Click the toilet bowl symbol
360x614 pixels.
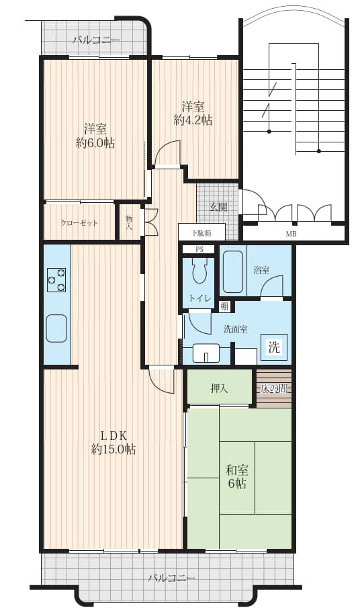(199, 272)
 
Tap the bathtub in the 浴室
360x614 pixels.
(233, 270)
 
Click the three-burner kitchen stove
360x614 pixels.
(56, 279)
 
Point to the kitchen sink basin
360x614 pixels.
(56, 328)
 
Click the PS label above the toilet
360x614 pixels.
(199, 249)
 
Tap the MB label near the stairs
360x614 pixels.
(290, 234)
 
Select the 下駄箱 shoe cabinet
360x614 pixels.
(201, 232)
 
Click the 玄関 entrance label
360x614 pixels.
(218, 208)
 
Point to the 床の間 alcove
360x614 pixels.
(274, 388)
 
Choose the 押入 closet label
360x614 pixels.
(219, 388)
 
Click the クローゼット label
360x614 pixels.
(79, 223)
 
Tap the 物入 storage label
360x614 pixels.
(128, 222)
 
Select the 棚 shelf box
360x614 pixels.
(224, 306)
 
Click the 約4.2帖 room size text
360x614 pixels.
(193, 120)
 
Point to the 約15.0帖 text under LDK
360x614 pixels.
(114, 449)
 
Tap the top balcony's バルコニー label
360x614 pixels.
(96, 40)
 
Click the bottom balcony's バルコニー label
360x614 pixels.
(172, 578)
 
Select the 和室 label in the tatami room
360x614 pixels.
(238, 469)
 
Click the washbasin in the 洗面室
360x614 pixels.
(206, 353)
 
